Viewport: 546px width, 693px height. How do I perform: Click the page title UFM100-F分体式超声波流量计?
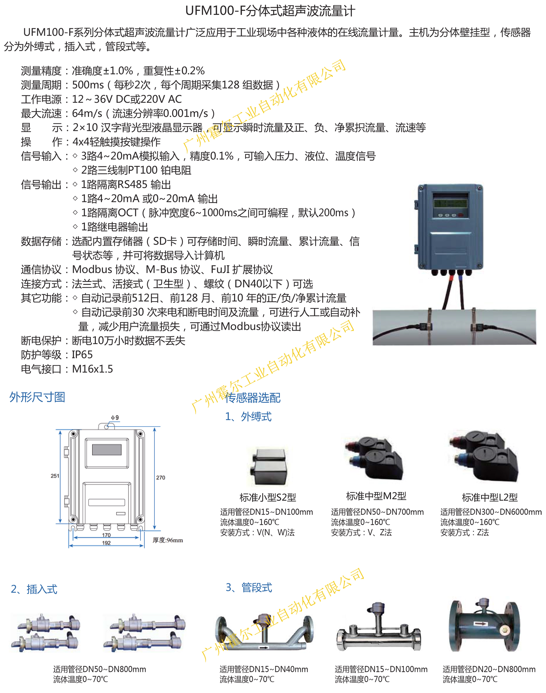point(270,11)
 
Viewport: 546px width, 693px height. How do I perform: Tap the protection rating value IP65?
point(82,355)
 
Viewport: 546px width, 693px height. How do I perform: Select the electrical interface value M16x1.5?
point(93,369)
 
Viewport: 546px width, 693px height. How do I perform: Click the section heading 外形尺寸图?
point(37,397)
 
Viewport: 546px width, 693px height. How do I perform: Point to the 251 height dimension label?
point(55,476)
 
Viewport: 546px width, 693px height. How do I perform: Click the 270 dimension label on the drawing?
point(160,478)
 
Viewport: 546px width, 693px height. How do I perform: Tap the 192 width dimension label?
point(106,543)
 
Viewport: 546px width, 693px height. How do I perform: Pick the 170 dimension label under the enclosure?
point(106,535)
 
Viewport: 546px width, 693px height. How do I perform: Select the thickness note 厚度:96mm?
point(168,540)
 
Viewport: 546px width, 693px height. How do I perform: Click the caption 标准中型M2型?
point(376,496)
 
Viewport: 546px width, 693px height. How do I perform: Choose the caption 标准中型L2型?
point(490,497)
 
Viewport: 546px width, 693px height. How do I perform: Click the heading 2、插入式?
point(34,589)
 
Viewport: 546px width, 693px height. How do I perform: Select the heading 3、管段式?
point(249,587)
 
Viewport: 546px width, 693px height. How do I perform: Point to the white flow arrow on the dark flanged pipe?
point(480,623)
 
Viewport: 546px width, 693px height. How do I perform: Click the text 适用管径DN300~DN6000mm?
point(491,512)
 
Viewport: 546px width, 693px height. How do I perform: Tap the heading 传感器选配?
point(253,398)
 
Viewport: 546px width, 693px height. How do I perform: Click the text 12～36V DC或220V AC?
point(127,99)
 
